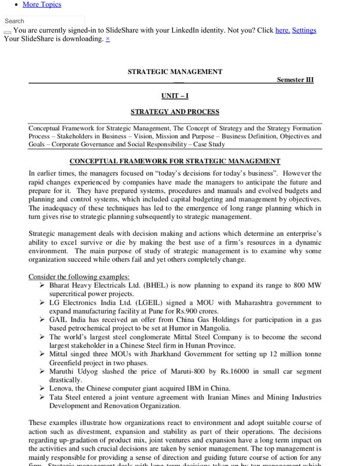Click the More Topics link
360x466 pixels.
point(42,5)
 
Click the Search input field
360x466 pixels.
point(44,21)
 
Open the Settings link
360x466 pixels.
point(304,30)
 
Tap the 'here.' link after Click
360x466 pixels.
point(282,30)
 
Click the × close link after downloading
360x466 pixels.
point(108,39)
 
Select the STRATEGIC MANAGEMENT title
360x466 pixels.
point(175,72)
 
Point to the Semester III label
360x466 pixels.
point(295,80)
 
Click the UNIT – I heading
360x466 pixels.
point(175,96)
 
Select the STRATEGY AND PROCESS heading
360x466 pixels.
point(175,112)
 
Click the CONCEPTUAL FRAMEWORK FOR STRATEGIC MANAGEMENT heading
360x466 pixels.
point(175,161)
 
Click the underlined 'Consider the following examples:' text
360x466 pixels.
point(79,277)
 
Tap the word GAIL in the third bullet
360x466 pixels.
point(59,320)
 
